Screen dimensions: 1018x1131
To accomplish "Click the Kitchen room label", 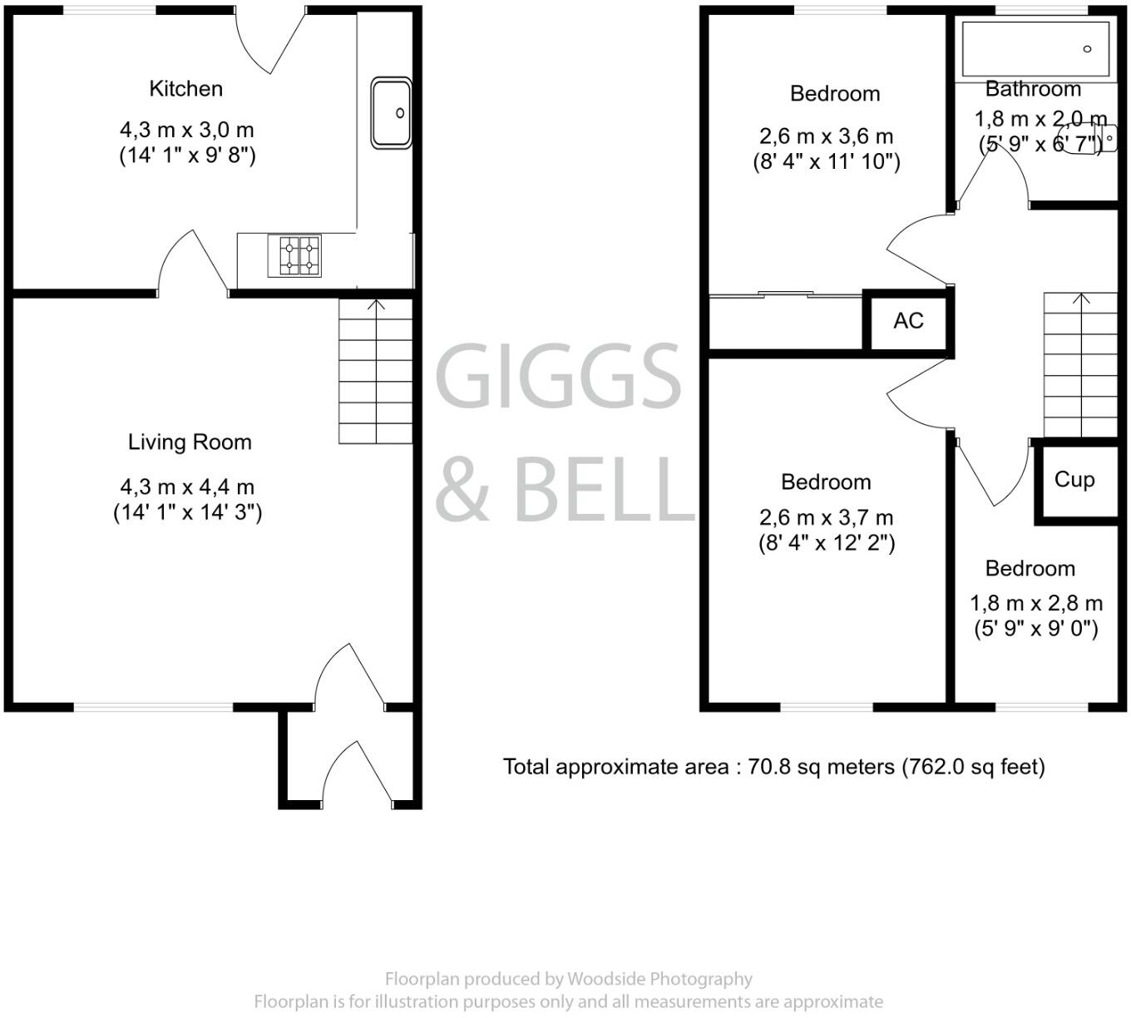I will [185, 88].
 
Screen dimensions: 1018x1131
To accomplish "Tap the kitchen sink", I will [391, 113].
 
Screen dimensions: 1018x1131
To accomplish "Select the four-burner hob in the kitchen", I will [294, 255].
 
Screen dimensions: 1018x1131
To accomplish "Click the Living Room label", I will [190, 442].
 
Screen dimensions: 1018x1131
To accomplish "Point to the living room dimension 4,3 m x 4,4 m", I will [187, 487].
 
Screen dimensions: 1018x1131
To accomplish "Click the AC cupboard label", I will [908, 320].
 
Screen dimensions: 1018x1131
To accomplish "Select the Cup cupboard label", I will [1074, 479].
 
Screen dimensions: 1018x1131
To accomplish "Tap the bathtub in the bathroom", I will [1035, 50].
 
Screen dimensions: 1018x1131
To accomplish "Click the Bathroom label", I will [1033, 89].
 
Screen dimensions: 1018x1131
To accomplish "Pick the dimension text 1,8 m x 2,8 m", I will [1036, 603].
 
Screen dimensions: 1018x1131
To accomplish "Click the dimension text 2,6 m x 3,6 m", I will [826, 136].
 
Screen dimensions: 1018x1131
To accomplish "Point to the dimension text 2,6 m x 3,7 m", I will [826, 518].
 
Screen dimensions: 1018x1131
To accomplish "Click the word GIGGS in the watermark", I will [558, 376].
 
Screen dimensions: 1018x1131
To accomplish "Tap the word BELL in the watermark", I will [602, 491].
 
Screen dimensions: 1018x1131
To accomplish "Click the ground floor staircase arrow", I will [376, 305].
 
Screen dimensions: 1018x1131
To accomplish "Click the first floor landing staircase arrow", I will [1081, 299].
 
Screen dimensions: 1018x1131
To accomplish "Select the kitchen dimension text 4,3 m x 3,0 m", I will [187, 130].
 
